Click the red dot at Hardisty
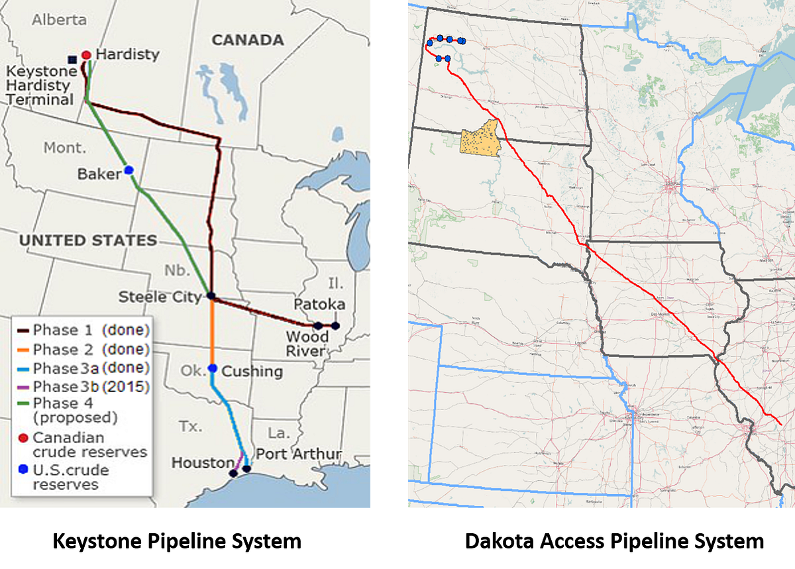click(x=85, y=55)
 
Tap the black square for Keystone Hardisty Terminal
click(x=72, y=60)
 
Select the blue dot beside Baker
click(x=129, y=170)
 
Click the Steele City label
click(x=159, y=297)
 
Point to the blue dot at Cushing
click(x=213, y=368)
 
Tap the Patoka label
click(x=319, y=304)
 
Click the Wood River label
click(x=307, y=344)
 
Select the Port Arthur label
click(x=298, y=454)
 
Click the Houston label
click(x=202, y=462)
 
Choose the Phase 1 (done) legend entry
click(x=91, y=330)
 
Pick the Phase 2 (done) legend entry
click(x=91, y=349)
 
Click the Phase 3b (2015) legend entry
click(x=91, y=386)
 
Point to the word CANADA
click(x=248, y=40)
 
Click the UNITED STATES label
click(x=88, y=240)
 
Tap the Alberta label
click(x=60, y=19)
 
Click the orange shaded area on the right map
click(x=480, y=140)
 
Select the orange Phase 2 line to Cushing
click(x=213, y=331)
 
